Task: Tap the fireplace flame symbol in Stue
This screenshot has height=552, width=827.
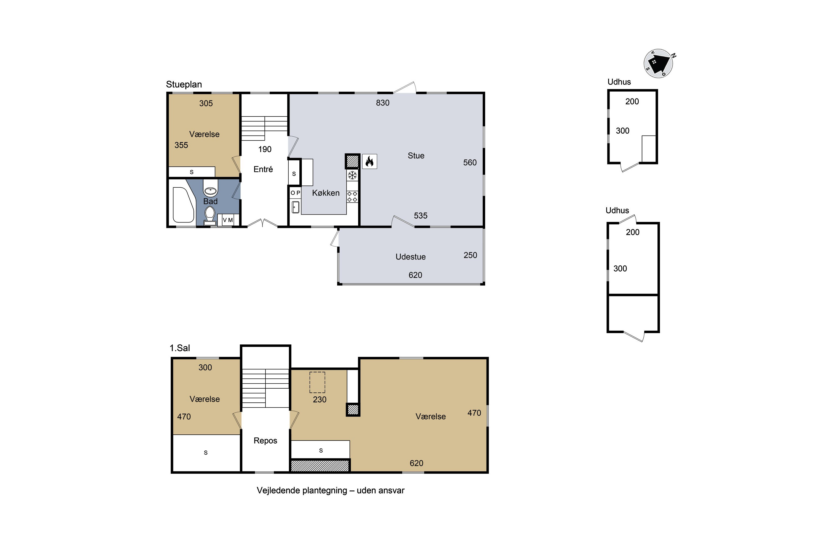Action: (x=369, y=161)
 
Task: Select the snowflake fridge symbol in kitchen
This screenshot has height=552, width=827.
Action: (x=352, y=175)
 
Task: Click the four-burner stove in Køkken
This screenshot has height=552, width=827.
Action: (x=352, y=197)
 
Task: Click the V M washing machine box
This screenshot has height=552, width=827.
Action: (x=228, y=220)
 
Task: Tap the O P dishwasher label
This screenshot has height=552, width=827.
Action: (x=295, y=193)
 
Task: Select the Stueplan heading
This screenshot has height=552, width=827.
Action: (x=184, y=84)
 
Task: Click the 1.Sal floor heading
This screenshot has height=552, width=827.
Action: (x=180, y=348)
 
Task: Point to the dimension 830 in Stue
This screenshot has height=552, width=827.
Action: (x=383, y=103)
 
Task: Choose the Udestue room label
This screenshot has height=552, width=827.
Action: (x=410, y=257)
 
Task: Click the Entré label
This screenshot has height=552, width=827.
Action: (x=263, y=169)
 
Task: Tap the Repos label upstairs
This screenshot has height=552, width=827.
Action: (x=265, y=441)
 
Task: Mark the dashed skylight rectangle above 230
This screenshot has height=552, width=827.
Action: (x=317, y=382)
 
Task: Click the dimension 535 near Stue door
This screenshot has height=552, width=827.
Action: (x=421, y=216)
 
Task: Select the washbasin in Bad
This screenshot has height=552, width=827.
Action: (x=210, y=191)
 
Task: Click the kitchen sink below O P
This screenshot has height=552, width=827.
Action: (x=295, y=207)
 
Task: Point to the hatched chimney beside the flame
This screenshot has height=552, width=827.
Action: (x=352, y=161)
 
